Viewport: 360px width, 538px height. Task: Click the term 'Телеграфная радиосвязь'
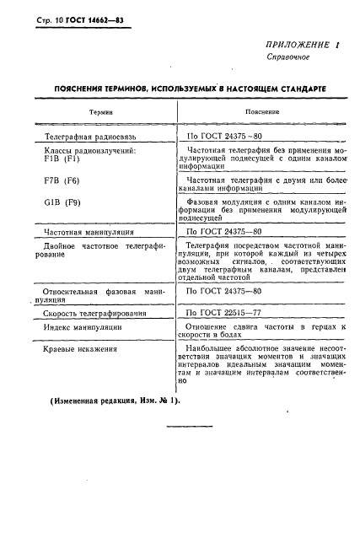pos(95,135)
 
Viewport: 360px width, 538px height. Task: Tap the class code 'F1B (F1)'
pos(61,159)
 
